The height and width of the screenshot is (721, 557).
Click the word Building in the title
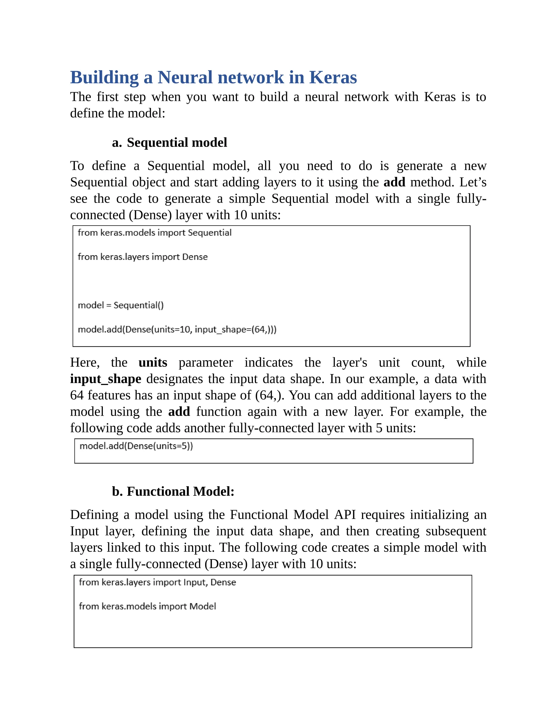coord(104,78)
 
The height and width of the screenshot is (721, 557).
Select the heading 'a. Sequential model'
coord(169,143)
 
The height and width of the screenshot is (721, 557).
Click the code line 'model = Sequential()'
coord(120,305)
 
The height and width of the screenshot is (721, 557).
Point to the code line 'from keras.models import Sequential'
coord(154,233)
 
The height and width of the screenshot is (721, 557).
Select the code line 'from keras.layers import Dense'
coord(143,257)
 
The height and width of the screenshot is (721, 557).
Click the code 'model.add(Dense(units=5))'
coord(136,446)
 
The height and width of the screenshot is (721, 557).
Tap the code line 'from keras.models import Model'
coord(147,606)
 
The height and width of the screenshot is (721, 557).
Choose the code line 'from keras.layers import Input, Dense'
coord(157,582)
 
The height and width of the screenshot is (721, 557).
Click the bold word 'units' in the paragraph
coord(153,362)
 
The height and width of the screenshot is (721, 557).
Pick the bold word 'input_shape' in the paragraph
coord(106,379)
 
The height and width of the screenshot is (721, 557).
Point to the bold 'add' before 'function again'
coord(179,412)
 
